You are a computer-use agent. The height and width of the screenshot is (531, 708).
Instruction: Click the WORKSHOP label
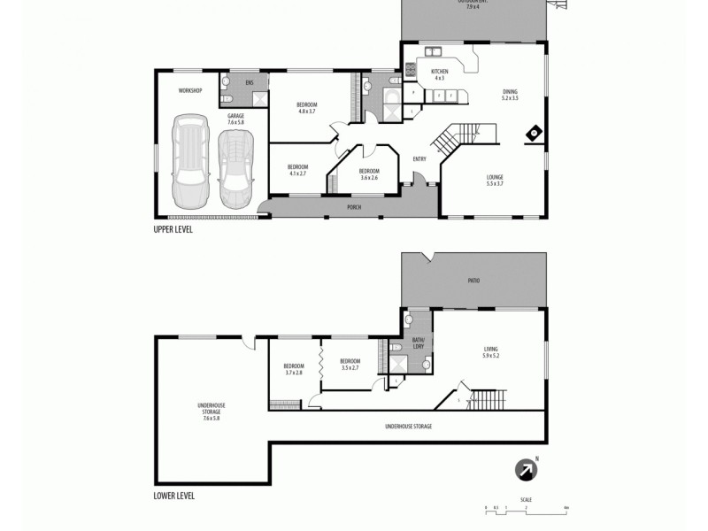tap(191, 91)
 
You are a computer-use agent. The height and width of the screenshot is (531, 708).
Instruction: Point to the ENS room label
tap(250, 82)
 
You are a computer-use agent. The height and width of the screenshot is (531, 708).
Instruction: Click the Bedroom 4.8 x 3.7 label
tap(307, 108)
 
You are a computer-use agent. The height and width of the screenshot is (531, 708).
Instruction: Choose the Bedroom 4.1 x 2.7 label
tap(297, 170)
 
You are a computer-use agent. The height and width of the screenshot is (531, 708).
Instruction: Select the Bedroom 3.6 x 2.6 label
tap(369, 173)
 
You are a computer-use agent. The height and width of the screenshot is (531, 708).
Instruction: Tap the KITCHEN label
tap(440, 74)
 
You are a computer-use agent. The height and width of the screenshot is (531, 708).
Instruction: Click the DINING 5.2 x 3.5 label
tap(510, 95)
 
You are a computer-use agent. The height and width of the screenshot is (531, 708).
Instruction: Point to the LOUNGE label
tap(495, 180)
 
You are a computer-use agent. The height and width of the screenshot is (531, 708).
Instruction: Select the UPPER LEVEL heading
tap(173, 229)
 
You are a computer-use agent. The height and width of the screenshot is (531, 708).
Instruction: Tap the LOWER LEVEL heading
tap(174, 496)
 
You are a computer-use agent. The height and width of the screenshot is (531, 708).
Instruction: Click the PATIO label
tap(473, 281)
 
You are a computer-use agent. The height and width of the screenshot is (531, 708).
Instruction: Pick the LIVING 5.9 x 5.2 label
tap(491, 352)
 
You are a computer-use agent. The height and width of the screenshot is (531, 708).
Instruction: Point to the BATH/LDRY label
tap(419, 343)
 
